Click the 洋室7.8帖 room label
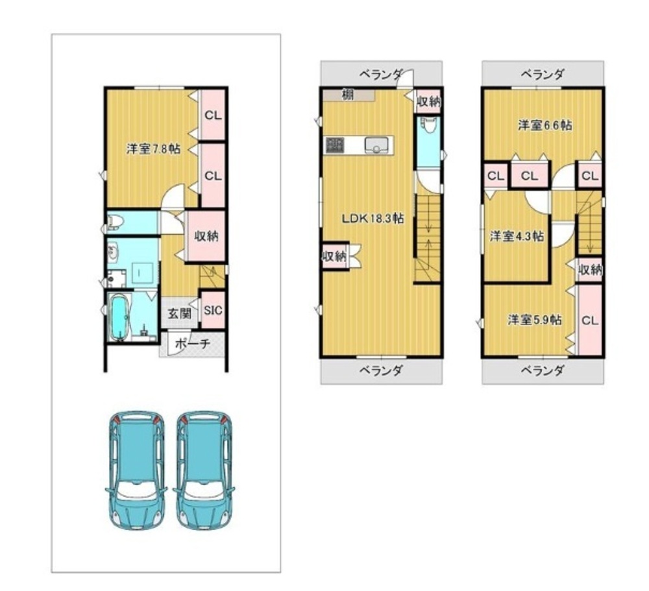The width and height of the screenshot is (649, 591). coord(153,149)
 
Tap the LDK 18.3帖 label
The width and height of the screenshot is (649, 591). coord(373,218)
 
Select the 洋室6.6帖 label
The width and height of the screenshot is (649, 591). coord(545,125)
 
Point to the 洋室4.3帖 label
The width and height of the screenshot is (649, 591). coord(517,236)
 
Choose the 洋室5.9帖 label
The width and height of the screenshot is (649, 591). coord(535,320)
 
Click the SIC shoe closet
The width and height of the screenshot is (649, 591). coord(213,310)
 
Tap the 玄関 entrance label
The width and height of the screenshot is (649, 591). coord(180,313)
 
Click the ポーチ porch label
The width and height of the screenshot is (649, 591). coord(193,344)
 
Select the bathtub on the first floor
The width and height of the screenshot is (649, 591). coord(119,317)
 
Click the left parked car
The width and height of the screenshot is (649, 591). coord(137,470)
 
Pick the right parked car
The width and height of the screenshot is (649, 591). coord(204,470)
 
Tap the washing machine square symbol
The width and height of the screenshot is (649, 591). coord(139,272)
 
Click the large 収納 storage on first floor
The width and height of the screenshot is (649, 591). coord(206,236)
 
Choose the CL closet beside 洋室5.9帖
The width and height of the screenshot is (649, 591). coord(589,320)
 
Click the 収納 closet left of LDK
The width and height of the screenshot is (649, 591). coord(335,256)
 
